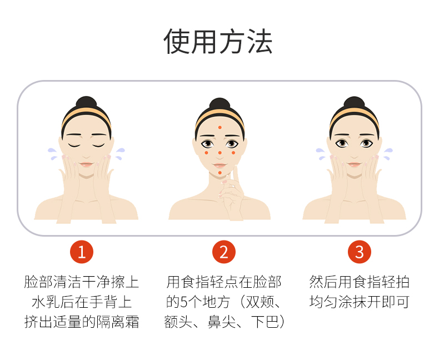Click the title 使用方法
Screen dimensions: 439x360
click(218, 41)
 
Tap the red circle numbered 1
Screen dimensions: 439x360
click(82, 252)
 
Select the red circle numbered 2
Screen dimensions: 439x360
click(224, 252)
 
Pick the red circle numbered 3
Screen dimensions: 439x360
click(360, 252)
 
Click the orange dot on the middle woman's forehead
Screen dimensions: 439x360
click(220, 127)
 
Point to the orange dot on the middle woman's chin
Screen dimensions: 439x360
click(220, 173)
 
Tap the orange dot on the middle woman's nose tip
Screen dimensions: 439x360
click(220, 153)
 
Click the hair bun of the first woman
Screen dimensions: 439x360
click(86, 102)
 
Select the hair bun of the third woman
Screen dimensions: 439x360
click(354, 102)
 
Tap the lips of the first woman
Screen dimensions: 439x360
click(86, 164)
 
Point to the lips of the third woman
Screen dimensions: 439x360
click(354, 164)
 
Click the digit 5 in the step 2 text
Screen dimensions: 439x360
click(184, 302)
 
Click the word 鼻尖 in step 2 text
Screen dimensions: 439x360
click(222, 322)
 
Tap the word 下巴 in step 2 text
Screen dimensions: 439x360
click(265, 322)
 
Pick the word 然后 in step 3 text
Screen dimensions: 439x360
click(323, 282)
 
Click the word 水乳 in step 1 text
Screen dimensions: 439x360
click(46, 302)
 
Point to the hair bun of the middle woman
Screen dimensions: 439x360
click(220, 103)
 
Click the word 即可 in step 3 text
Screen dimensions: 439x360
click(395, 302)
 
